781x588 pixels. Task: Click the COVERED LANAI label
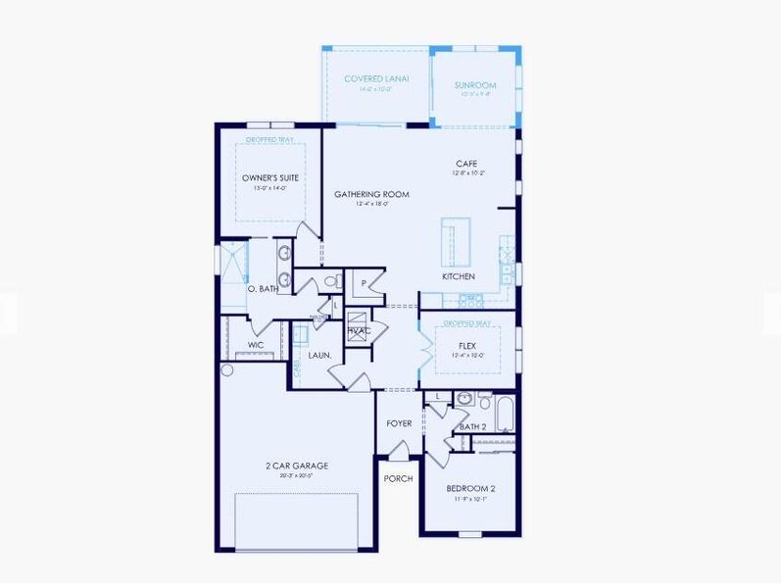tap(376, 78)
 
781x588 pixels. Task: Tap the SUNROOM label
tap(475, 86)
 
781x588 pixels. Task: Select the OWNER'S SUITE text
tap(269, 177)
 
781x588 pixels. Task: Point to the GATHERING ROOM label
tap(371, 194)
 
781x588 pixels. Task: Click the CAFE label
tap(466, 164)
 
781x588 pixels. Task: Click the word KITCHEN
tap(459, 276)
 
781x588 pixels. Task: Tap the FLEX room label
tap(467, 346)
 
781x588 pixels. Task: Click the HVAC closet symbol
tap(358, 326)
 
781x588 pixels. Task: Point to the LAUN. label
tap(319, 355)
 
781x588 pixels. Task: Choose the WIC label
tap(256, 345)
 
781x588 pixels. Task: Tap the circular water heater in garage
tap(228, 370)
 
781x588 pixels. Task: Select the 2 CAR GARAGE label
tap(295, 465)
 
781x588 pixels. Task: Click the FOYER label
tap(398, 423)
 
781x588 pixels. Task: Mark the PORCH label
tap(398, 478)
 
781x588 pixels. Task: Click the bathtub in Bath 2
tap(505, 415)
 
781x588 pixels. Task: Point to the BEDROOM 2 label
tap(470, 488)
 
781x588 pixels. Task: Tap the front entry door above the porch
tap(398, 451)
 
